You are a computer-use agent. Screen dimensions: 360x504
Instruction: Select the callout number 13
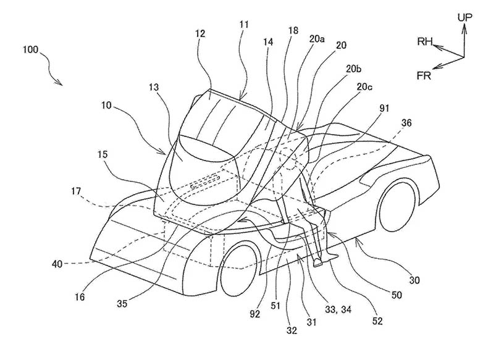coord(154,88)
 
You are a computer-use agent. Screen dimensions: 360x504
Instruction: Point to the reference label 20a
coord(317,38)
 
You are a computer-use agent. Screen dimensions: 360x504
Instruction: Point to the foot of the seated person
coord(319,263)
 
